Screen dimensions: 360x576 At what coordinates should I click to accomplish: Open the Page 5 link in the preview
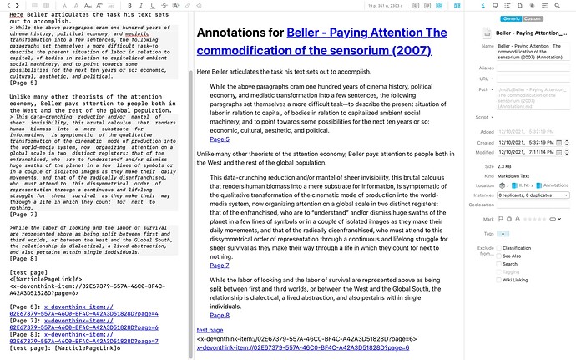tap(220, 139)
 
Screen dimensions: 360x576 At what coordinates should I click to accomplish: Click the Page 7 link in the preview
tap(220, 265)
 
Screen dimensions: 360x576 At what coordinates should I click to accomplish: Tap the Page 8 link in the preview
tap(220, 315)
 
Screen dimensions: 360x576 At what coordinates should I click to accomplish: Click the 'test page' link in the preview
tap(210, 330)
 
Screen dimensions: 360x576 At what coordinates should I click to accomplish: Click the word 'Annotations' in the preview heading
tap(234, 35)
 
